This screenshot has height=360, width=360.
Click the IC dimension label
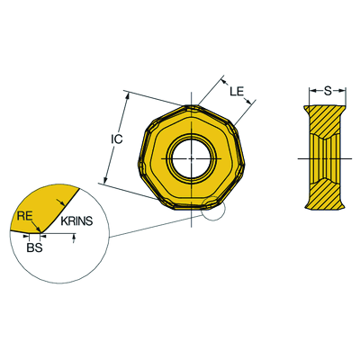click(x=116, y=139)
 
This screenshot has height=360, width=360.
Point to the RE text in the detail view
click(x=25, y=216)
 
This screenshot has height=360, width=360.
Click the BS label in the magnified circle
click(x=34, y=246)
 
